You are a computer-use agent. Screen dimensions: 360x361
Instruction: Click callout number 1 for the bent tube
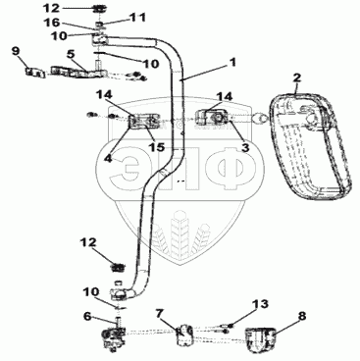[x=232, y=62]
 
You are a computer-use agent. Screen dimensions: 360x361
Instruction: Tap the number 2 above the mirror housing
[x=297, y=78]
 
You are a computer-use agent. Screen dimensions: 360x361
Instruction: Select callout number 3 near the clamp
[x=245, y=147]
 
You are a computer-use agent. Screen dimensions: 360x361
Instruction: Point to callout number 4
[x=108, y=159]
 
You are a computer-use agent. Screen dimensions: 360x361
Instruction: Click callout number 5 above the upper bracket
[x=71, y=54]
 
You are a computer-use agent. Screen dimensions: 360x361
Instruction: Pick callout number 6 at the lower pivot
[x=87, y=316]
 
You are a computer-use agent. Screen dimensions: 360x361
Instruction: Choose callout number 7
[x=159, y=314]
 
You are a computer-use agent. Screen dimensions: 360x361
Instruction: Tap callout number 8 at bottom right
[x=302, y=316]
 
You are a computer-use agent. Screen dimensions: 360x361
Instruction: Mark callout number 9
[x=16, y=51]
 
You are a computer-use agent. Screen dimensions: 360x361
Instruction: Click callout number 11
[x=137, y=17]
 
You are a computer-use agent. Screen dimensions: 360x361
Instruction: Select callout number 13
[x=260, y=304]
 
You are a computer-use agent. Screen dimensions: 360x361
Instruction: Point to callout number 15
[x=156, y=147]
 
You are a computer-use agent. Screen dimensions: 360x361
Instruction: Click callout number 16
[x=51, y=23]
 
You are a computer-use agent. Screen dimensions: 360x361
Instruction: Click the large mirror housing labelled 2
[x=309, y=146]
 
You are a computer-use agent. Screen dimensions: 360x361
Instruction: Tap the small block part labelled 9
[x=35, y=72]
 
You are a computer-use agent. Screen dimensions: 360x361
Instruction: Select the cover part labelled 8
[x=260, y=339]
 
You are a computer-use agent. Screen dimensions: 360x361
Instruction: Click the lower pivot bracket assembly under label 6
[x=113, y=336]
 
